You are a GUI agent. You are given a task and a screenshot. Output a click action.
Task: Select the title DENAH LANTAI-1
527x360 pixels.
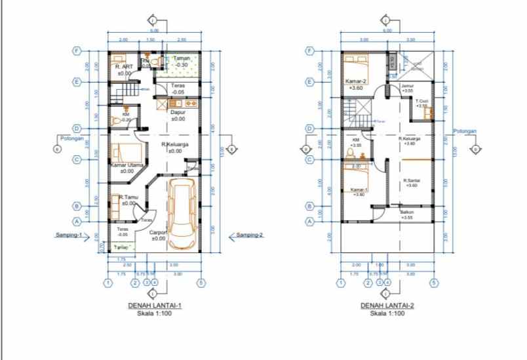click(154, 306)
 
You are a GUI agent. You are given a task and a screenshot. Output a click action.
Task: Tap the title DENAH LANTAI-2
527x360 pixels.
click(387, 306)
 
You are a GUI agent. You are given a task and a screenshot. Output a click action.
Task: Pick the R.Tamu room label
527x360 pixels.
click(124, 197)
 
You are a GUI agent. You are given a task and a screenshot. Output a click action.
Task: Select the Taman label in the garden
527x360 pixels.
click(180, 58)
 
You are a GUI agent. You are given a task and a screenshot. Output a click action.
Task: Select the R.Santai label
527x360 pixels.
click(412, 180)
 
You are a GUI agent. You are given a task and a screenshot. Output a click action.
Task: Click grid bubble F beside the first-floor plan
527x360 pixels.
click(77, 50)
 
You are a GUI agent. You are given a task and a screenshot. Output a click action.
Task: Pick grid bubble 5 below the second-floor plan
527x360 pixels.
click(433, 283)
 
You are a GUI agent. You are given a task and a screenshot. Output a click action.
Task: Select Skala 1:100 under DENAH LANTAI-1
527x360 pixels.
click(154, 314)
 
